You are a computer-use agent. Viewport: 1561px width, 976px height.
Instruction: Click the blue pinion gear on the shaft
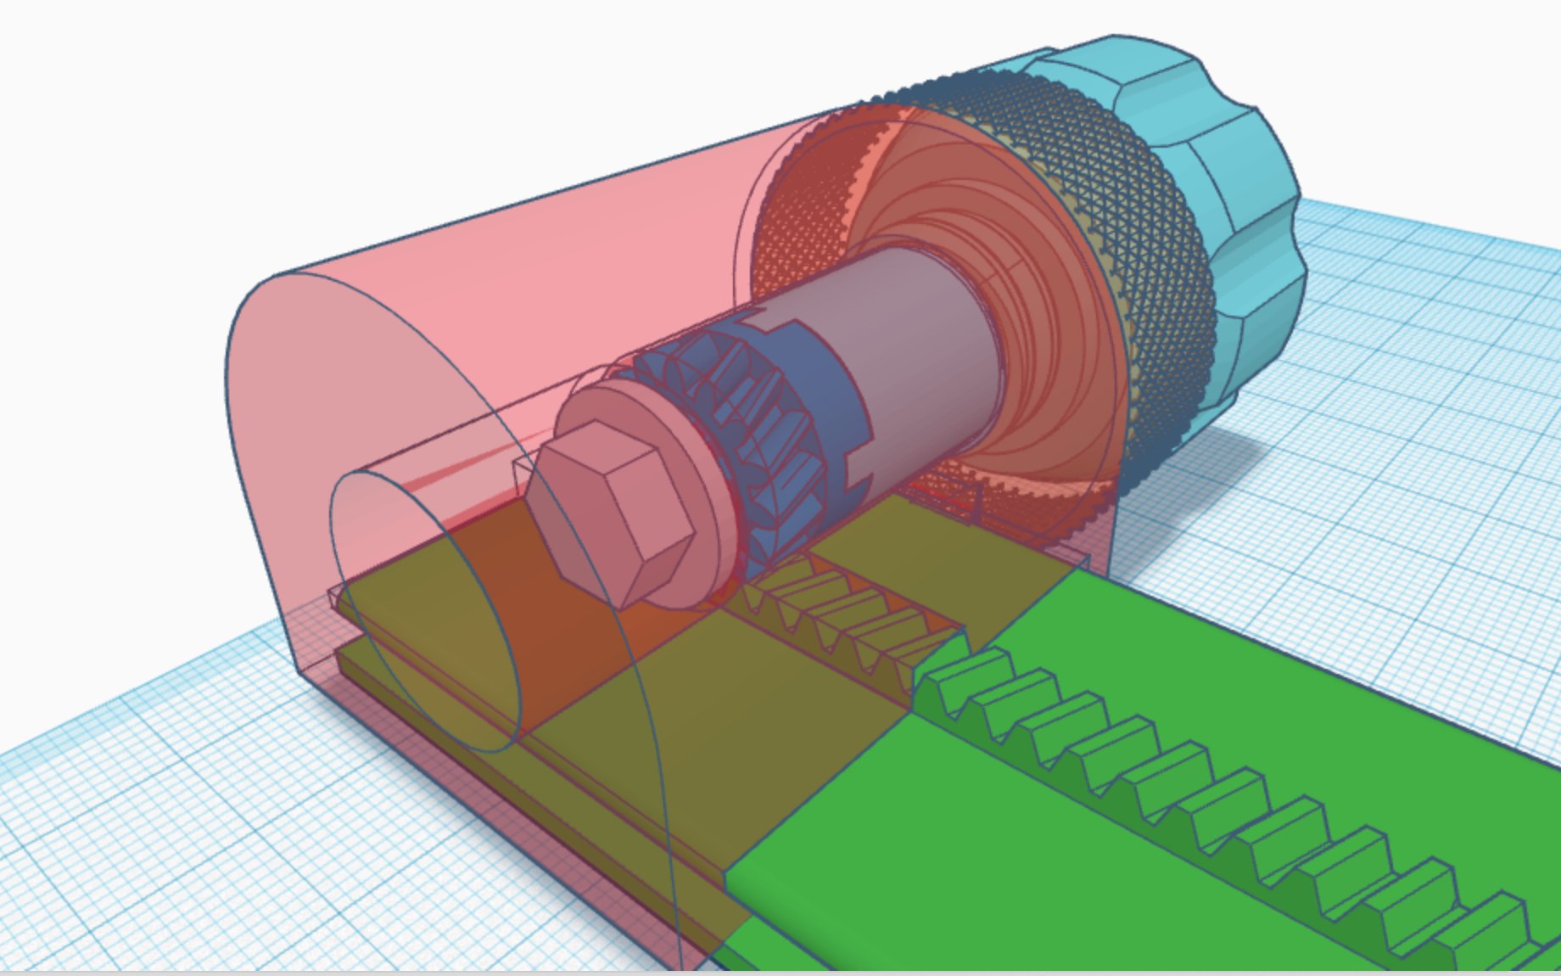tap(747, 424)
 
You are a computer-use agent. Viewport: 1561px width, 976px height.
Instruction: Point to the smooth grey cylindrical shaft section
tap(916, 339)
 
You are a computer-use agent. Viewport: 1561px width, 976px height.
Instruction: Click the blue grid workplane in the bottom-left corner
tap(127, 849)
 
